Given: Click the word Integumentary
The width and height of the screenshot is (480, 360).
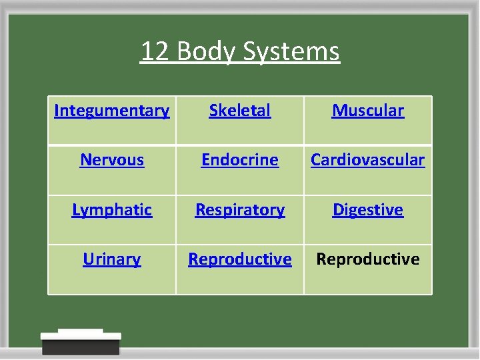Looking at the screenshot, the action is coord(111,111).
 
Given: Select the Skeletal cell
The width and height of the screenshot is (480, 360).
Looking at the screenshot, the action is coord(240,111).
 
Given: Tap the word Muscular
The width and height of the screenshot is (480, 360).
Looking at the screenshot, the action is coord(368,111).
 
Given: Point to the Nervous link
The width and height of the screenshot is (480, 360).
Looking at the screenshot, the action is coord(112,160).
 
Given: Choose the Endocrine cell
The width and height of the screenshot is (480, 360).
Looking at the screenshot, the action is coord(240,160).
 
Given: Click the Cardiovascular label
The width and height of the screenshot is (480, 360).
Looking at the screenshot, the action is coord(368,160).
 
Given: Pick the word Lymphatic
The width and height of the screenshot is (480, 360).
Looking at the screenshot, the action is coord(112,209).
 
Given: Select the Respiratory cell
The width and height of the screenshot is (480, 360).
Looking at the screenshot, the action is coord(240,209).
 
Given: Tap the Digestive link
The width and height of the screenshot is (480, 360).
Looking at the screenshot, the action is coord(368,209).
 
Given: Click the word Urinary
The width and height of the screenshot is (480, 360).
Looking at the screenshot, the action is coord(112,259).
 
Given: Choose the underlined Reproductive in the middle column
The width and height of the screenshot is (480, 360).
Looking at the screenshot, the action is coord(240,259).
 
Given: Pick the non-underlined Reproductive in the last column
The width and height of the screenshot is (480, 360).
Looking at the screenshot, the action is coord(368,259).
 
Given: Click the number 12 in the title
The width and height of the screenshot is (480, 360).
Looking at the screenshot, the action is coord(155,51).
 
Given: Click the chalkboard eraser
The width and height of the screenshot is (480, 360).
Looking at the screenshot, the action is coord(81,342).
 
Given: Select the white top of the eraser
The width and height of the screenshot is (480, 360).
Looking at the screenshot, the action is coord(81,334).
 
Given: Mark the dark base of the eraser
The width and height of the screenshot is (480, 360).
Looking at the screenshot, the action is coord(81,347).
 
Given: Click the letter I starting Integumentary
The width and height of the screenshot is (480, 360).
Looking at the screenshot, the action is coord(57,110).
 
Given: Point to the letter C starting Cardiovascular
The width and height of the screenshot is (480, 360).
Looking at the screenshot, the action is coord(316,160).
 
